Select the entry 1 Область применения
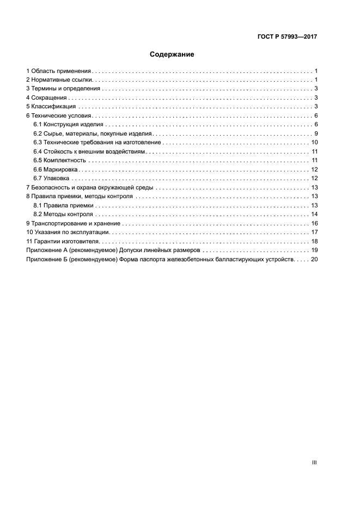tap(59, 71)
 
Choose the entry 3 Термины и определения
tap(63, 89)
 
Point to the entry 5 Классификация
tap(53, 106)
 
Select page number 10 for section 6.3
tap(314, 143)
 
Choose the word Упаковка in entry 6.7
tap(57, 178)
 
